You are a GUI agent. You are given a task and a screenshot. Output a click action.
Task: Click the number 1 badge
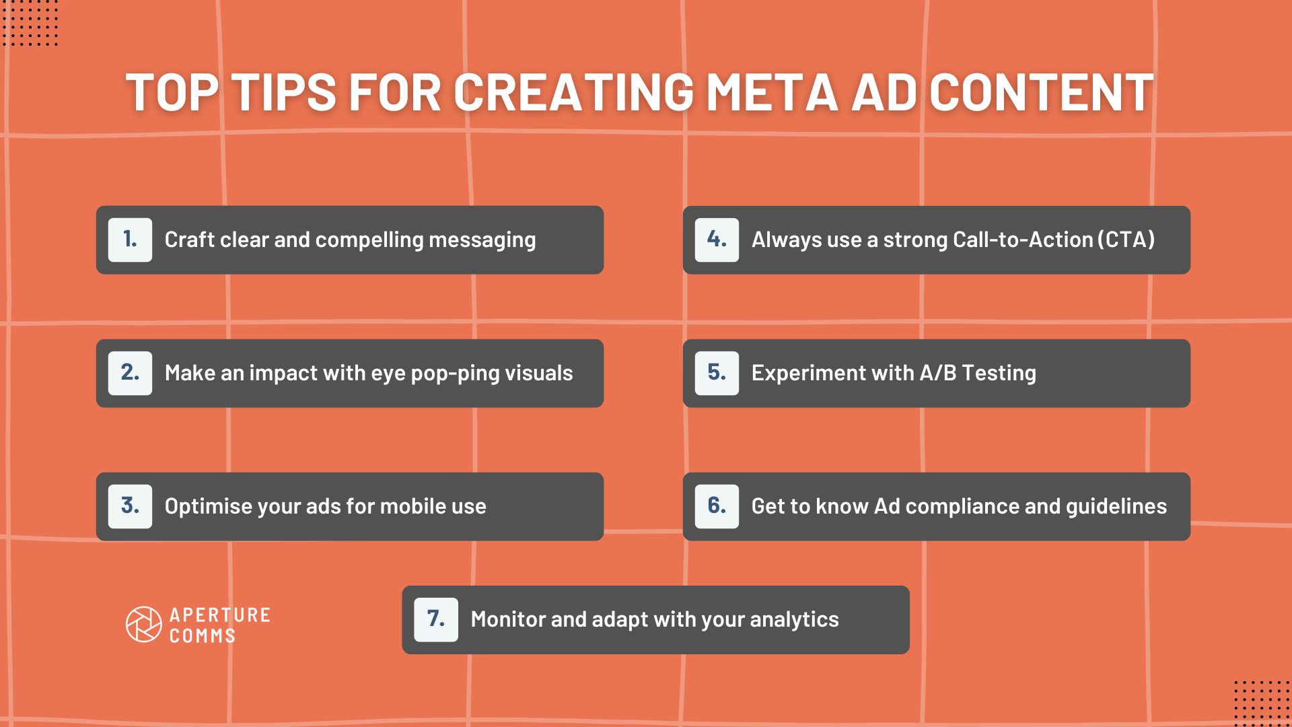pos(130,240)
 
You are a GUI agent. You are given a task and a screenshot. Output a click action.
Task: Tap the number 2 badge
pos(130,373)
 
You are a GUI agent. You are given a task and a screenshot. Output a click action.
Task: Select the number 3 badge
pos(130,506)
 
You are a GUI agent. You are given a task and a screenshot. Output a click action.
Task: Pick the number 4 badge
pos(717,240)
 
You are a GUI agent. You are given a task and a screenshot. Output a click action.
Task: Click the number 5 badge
pos(717,373)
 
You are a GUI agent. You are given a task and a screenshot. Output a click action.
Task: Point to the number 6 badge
pos(717,506)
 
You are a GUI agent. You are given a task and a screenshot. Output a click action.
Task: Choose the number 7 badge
pos(436,619)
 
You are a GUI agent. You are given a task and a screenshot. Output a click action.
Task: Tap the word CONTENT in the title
pos(1041,92)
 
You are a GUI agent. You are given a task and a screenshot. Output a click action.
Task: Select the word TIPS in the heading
pos(283,92)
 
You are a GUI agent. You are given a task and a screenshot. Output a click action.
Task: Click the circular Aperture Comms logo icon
pos(144,625)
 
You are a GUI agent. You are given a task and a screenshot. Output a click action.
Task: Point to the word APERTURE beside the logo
pos(220,615)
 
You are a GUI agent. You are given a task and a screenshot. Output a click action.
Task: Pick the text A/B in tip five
pos(937,373)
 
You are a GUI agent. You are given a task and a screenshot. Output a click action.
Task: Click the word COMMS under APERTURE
pos(202,636)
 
